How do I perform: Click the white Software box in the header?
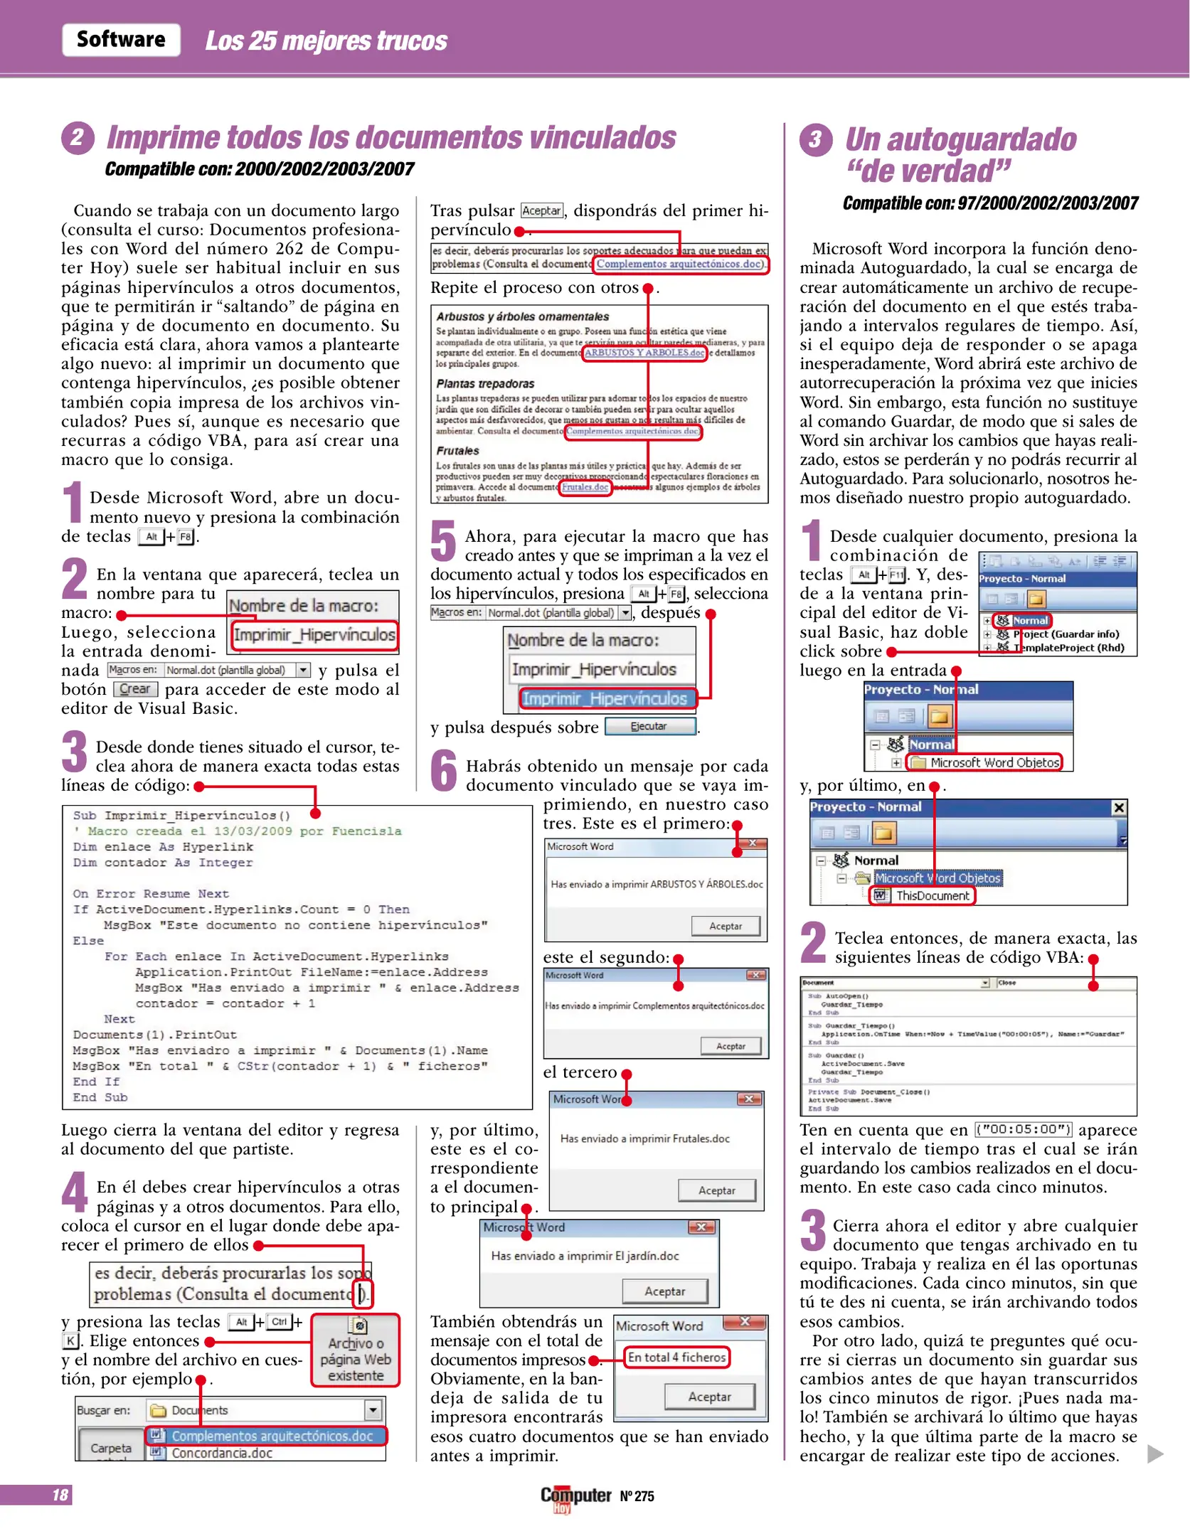click(x=121, y=39)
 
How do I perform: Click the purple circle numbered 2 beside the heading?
click(x=78, y=137)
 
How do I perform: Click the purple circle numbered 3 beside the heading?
click(x=815, y=139)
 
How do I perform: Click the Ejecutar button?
click(x=649, y=726)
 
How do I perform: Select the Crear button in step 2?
click(x=135, y=688)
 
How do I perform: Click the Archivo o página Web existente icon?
click(x=356, y=1350)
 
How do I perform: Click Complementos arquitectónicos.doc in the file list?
click(x=272, y=1436)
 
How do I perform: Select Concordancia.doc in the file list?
click(x=222, y=1453)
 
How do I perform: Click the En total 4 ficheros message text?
click(x=676, y=1357)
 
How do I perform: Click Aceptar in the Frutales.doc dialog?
click(x=717, y=1190)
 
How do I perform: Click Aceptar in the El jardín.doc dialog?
click(x=665, y=1291)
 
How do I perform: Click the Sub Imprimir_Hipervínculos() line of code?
click(x=181, y=815)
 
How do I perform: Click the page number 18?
click(x=60, y=1495)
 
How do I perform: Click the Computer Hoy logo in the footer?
click(x=575, y=1496)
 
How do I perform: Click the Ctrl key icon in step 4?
click(x=280, y=1322)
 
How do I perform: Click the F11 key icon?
click(x=897, y=575)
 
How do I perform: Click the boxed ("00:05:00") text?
click(x=1024, y=1129)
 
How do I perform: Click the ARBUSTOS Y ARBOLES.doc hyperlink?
click(x=644, y=353)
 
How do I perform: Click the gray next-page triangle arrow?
click(x=1155, y=1454)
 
